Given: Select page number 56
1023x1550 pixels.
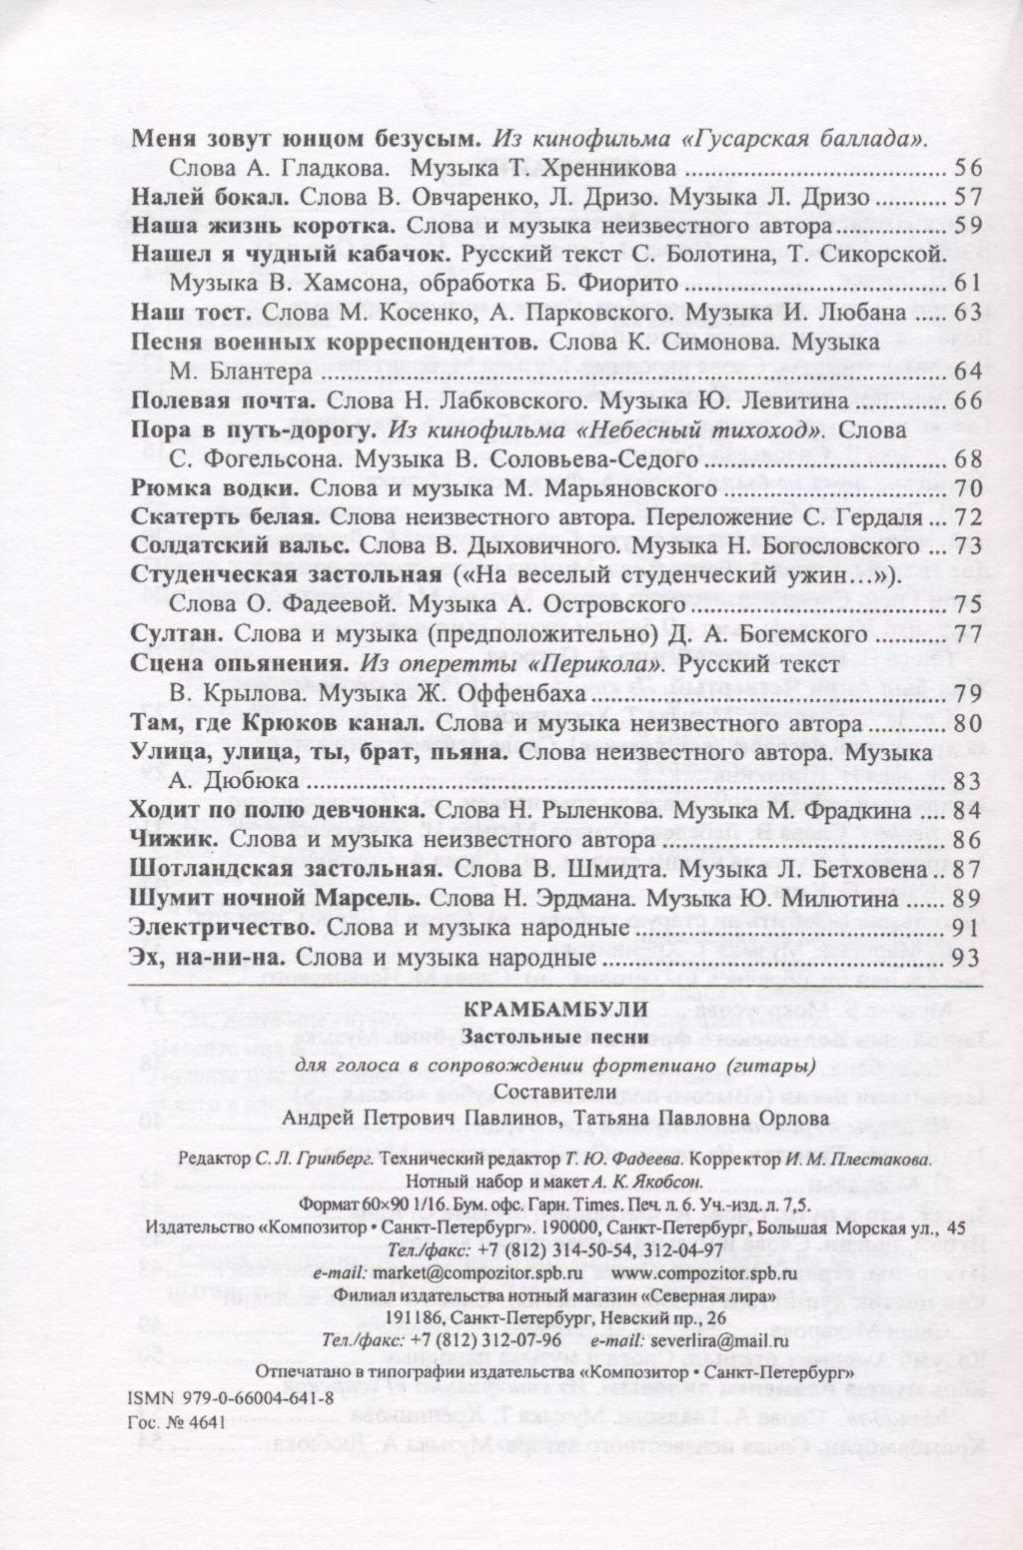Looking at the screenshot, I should pos(969,168).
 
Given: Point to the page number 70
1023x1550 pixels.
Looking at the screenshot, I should pos(969,489).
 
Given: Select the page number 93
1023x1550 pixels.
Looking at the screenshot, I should pos(969,957).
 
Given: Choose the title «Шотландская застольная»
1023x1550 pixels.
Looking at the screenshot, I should pos(281,869).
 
